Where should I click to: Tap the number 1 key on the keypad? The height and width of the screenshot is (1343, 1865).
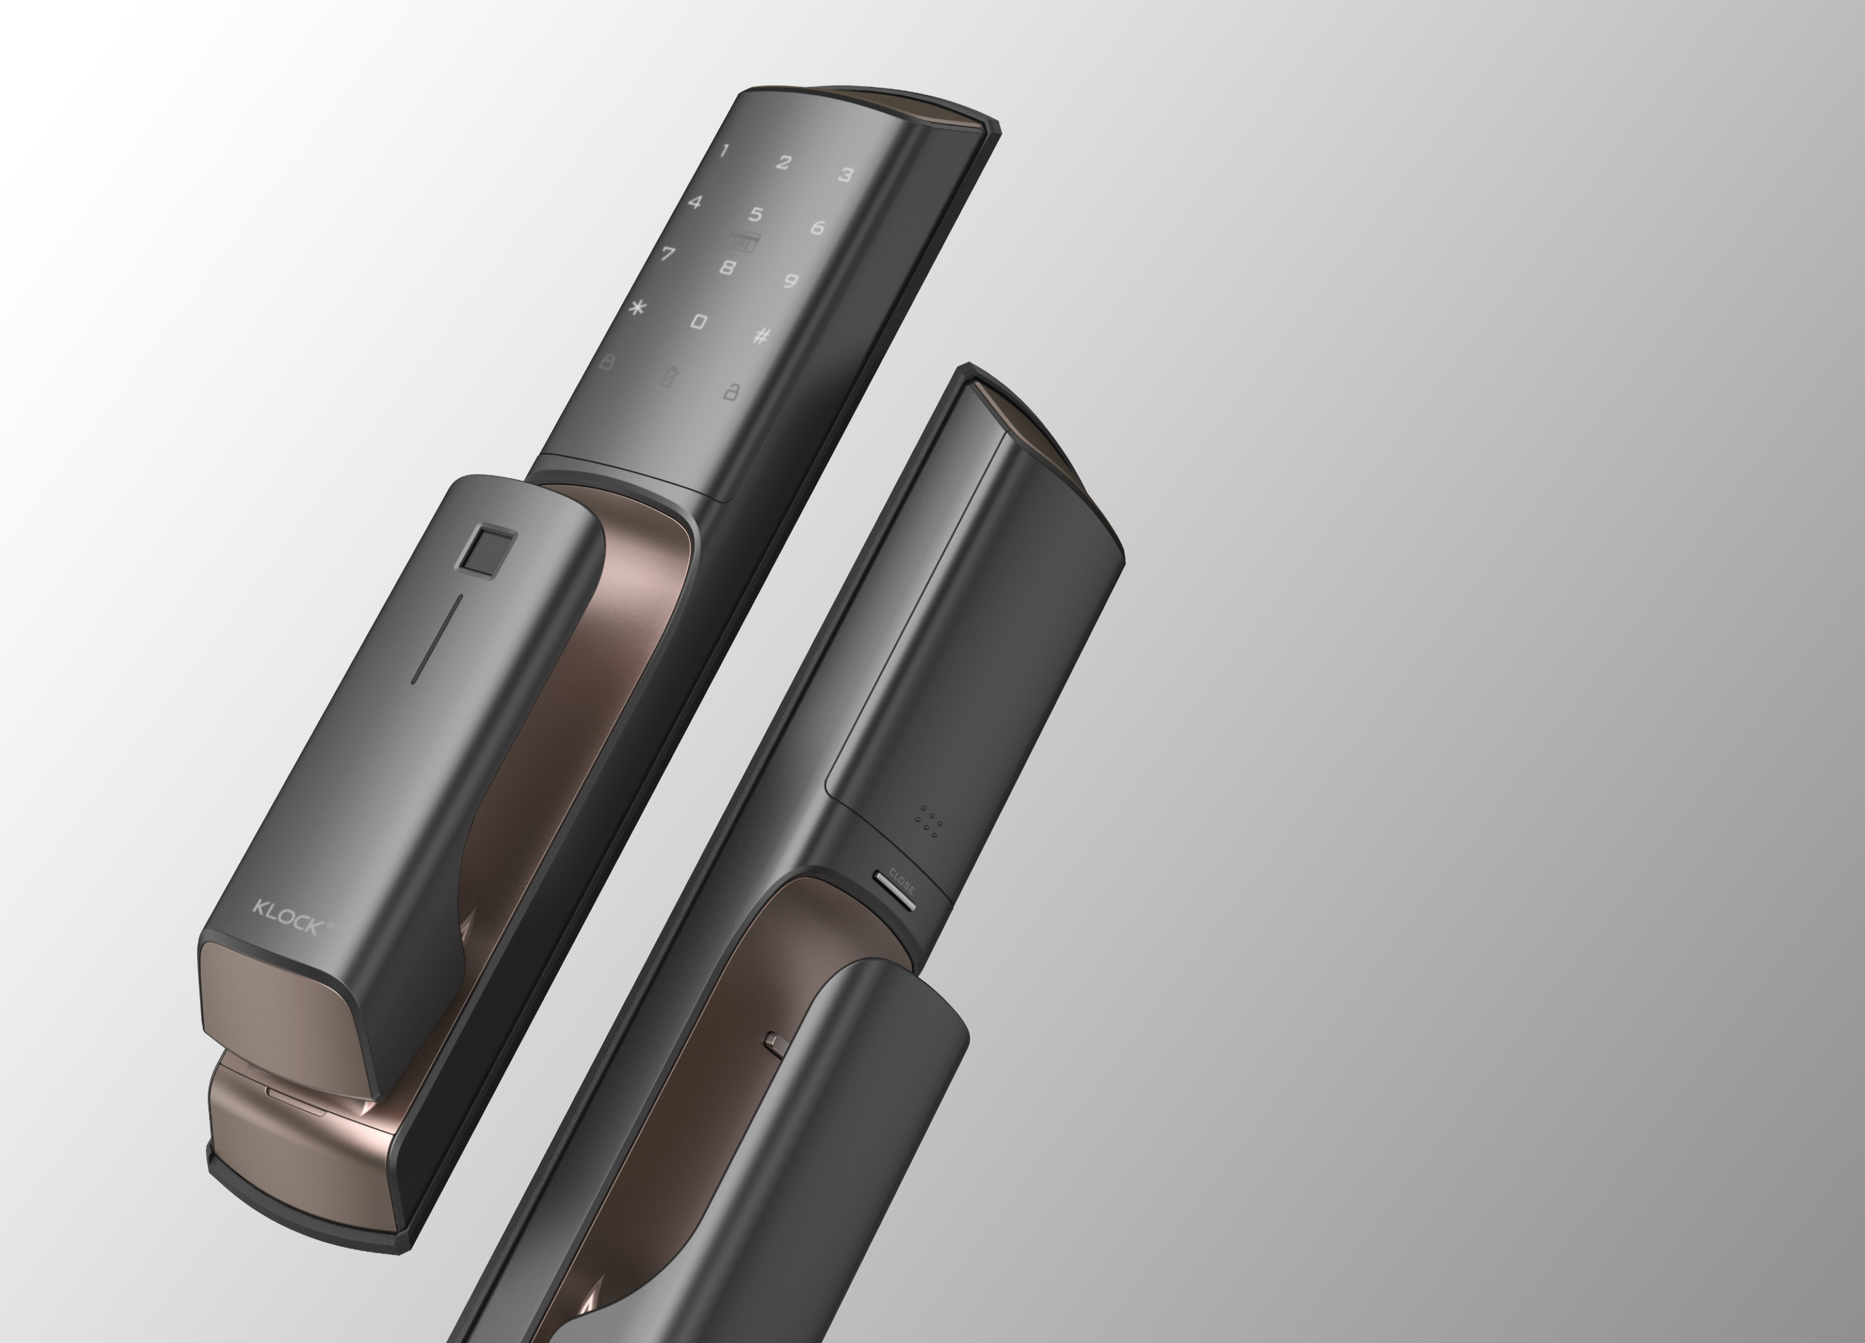point(724,150)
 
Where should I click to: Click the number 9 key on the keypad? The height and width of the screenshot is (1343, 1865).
point(790,281)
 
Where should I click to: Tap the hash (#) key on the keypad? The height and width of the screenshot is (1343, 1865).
point(762,335)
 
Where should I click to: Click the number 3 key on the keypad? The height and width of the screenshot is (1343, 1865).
point(845,175)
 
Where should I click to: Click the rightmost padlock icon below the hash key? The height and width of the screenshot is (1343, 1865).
point(730,392)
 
